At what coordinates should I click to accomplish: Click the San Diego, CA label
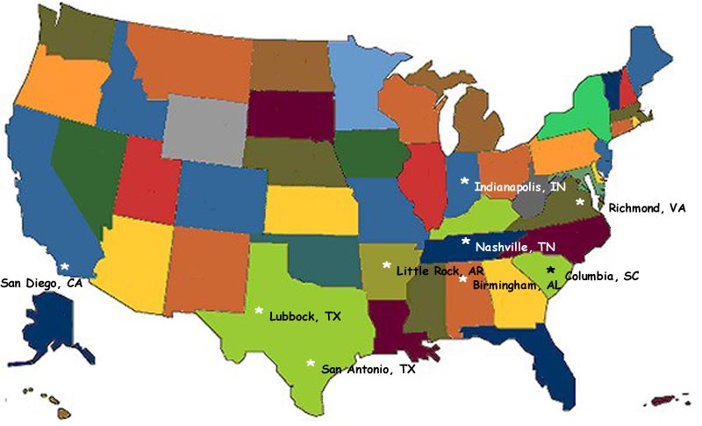41,283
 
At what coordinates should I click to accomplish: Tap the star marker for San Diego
64,265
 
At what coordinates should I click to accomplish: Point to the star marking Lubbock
259,310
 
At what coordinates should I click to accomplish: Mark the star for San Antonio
310,362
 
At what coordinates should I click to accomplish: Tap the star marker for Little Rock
386,264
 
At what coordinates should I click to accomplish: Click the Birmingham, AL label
516,285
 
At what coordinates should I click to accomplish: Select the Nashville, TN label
515,247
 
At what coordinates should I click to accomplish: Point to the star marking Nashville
466,241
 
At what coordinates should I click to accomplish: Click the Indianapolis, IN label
520,187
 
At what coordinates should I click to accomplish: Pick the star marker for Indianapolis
464,180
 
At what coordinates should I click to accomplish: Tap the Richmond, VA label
647,208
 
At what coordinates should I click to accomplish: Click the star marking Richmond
579,202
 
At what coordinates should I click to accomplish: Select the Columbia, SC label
602,276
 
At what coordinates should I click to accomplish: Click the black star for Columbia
551,270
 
